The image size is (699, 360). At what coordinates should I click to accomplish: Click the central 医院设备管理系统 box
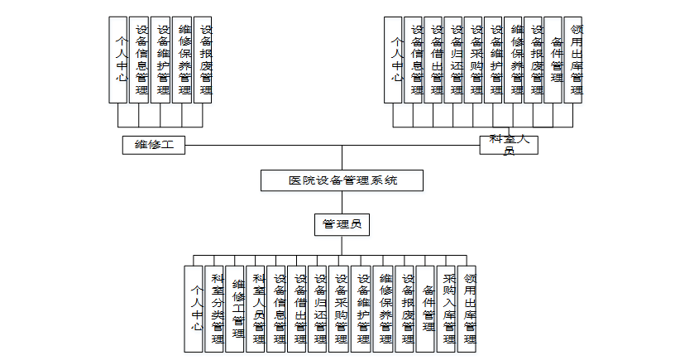point(342,180)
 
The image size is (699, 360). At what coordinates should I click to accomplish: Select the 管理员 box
point(342,223)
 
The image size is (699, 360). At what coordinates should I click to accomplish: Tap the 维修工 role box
point(153,145)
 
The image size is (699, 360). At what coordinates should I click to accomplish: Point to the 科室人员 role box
point(509,144)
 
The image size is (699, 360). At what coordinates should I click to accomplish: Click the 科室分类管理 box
point(215,309)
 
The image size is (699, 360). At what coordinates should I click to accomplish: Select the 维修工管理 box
point(236,309)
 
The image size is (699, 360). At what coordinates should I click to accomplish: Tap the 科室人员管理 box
point(256,309)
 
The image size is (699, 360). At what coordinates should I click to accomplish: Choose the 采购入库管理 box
point(447,309)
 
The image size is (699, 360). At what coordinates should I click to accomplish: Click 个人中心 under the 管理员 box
point(194,309)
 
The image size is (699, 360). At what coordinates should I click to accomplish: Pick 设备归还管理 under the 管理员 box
point(319,309)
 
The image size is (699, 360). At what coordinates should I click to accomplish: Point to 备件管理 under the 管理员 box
point(426,309)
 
